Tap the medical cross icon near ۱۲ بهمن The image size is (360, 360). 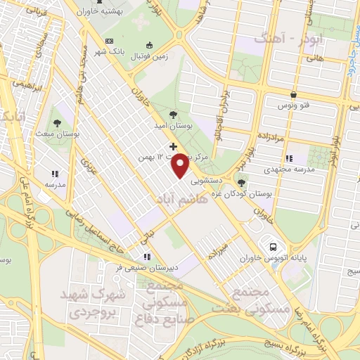click(x=174, y=147)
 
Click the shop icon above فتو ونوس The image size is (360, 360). click(x=293, y=94)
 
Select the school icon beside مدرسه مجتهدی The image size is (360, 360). click(x=290, y=158)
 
